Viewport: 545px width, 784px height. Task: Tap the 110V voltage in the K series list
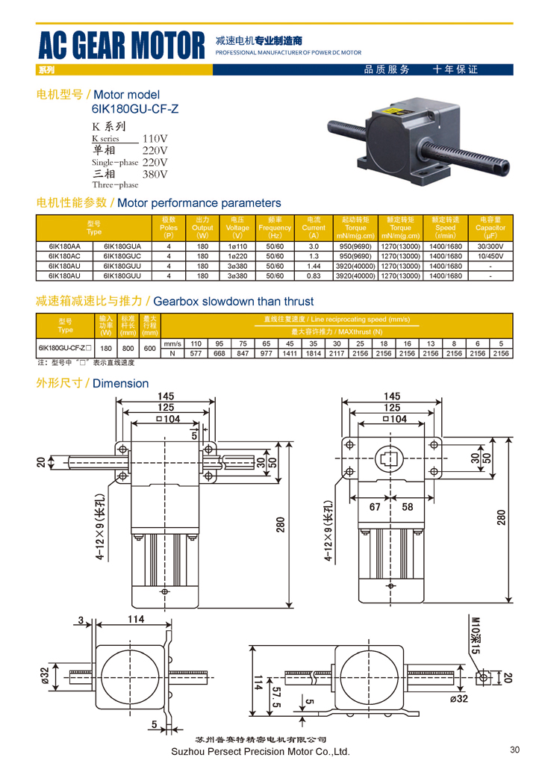pos(155,138)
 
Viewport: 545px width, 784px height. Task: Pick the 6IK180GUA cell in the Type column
pos(122,246)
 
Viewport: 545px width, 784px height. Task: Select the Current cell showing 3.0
pos(314,246)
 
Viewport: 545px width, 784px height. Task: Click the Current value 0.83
pos(314,276)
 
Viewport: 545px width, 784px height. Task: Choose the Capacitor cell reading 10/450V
pos(490,256)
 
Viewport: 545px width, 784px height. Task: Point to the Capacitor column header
pos(490,228)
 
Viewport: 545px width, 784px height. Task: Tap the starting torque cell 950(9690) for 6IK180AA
pos(356,246)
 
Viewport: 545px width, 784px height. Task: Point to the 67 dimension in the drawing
pos(375,507)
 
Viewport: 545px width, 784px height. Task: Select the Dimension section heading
pos(93,383)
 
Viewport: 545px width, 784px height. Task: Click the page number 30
pos(514,750)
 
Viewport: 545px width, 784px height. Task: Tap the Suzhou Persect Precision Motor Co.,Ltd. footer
pos(261,751)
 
